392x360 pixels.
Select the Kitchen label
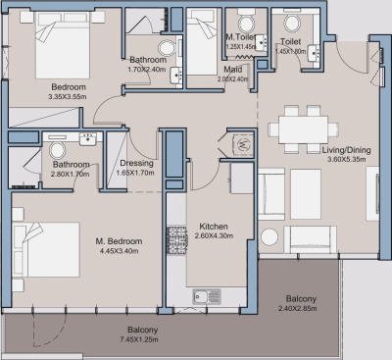[x=213, y=225]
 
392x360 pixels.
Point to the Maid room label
[x=231, y=69]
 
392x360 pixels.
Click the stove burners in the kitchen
[x=178, y=237]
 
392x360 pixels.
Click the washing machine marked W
[x=241, y=145]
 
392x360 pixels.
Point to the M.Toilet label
[x=240, y=37]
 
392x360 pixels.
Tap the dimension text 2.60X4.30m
[x=213, y=235]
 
